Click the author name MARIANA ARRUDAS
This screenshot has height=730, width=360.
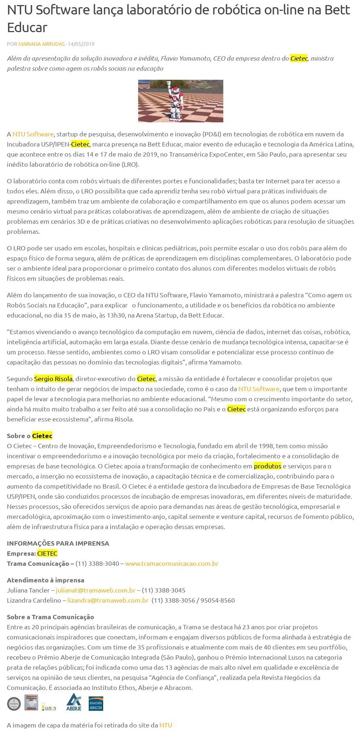[41, 44]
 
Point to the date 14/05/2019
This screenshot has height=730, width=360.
[81, 44]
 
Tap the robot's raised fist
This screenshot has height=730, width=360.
[168, 83]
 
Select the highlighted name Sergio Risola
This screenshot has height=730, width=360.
[53, 379]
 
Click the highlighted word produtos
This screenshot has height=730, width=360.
[267, 466]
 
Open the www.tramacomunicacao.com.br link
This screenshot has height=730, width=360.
[172, 564]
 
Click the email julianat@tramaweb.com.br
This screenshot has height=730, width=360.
[96, 590]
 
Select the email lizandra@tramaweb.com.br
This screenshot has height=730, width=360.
[108, 600]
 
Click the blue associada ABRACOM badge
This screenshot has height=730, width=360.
[96, 703]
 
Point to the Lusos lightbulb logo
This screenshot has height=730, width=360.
[48, 706]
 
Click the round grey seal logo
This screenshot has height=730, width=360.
[14, 704]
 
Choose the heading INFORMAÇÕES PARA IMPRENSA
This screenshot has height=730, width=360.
[58, 543]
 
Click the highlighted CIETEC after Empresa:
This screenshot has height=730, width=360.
[47, 554]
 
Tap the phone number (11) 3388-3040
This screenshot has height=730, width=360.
[97, 564]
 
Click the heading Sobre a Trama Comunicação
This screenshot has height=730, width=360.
[51, 617]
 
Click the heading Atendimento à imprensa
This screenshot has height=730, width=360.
[45, 580]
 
